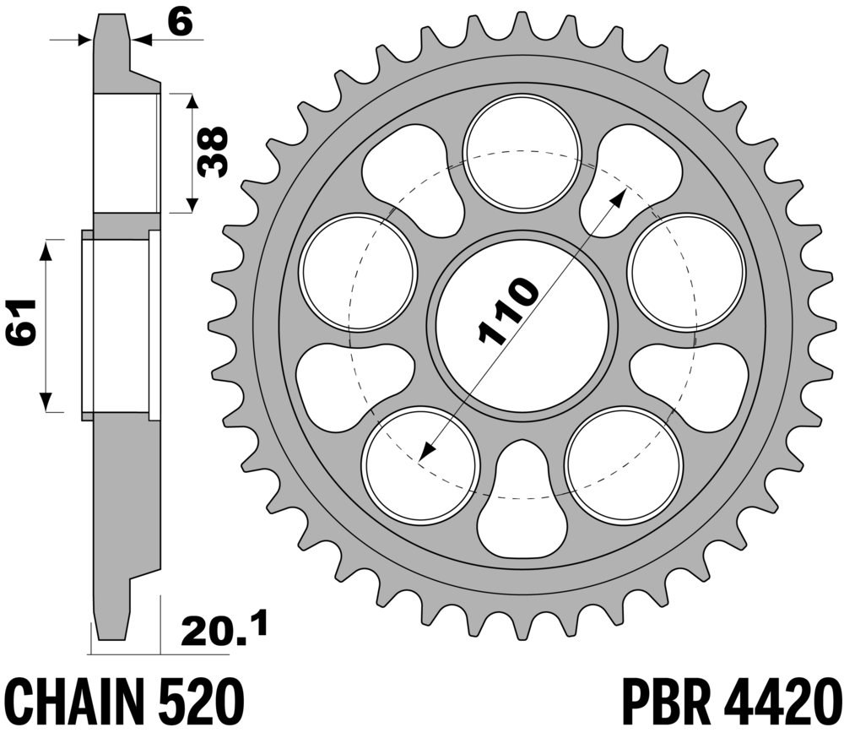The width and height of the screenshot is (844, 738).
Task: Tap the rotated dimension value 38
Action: coord(212,152)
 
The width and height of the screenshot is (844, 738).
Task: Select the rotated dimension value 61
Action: coord(21,322)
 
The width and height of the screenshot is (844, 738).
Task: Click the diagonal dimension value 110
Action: coord(507,310)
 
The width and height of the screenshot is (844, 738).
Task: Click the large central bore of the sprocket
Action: coord(522,326)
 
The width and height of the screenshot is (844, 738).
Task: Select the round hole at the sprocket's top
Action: coord(522,152)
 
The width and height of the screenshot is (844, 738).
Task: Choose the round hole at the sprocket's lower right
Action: coord(625,466)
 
